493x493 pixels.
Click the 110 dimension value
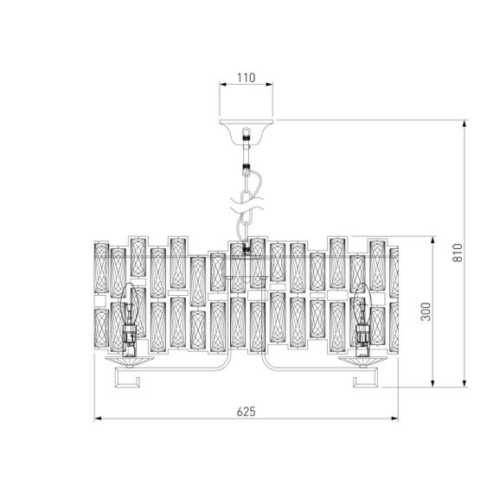point(246,78)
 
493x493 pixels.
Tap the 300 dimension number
point(424,311)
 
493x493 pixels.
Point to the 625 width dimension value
point(246,412)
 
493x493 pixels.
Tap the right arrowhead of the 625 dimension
point(395,420)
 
